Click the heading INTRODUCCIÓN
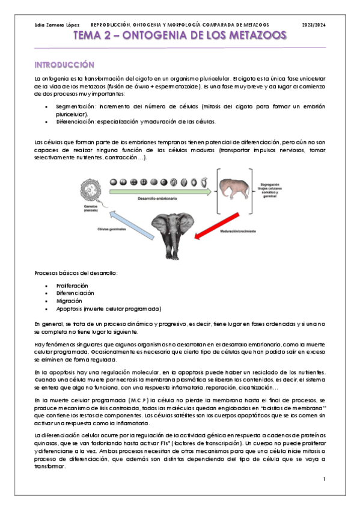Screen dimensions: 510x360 pyautogui.click(x=64, y=64)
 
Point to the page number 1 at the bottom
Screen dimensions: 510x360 pyautogui.click(x=323, y=479)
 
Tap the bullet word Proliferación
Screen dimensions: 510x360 pyautogui.click(x=72, y=285)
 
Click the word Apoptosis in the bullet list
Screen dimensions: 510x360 pyautogui.click(x=70, y=309)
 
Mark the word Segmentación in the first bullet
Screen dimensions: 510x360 pyautogui.click(x=75, y=106)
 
